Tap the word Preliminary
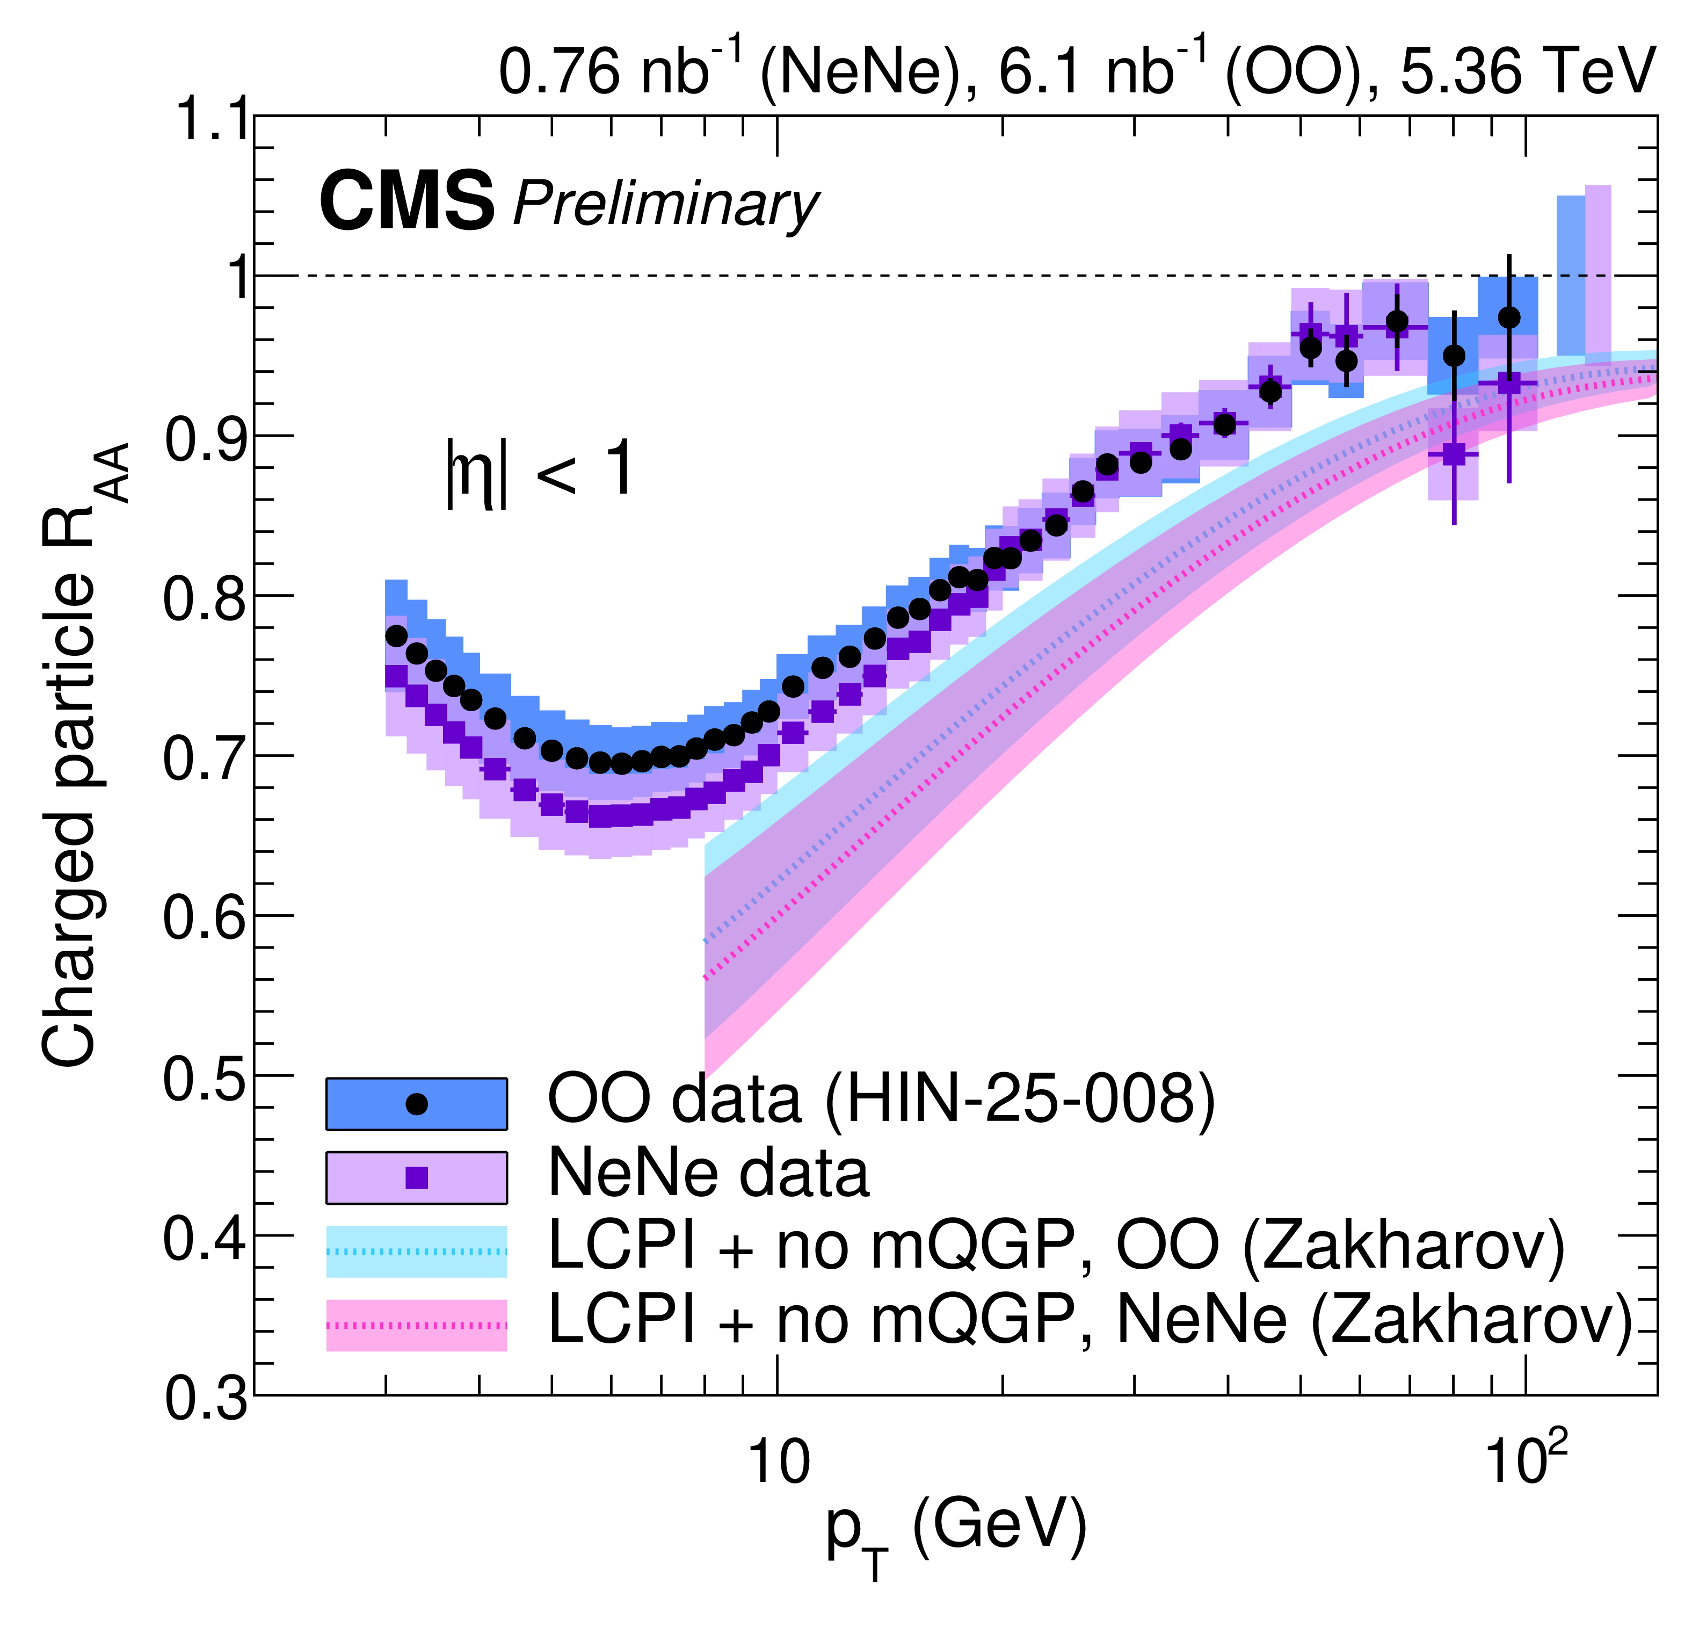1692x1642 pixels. point(665,206)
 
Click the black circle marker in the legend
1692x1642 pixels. point(417,1104)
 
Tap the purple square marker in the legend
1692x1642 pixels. point(417,1177)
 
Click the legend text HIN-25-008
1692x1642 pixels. point(1019,1101)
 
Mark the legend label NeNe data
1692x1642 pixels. point(708,1174)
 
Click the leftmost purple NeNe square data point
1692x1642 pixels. point(396,676)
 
